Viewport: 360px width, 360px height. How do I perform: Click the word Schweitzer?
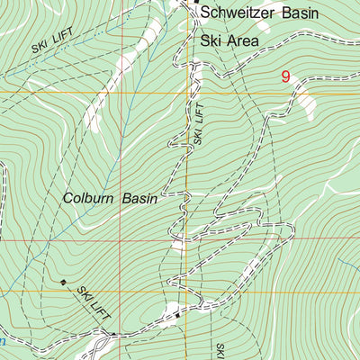(238, 13)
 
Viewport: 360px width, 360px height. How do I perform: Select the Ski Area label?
(229, 41)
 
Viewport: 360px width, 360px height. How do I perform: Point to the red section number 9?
(285, 77)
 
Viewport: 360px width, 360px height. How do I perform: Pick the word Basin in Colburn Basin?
(140, 198)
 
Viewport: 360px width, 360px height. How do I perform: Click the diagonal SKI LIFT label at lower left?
(93, 304)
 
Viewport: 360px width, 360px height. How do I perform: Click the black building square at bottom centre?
(178, 315)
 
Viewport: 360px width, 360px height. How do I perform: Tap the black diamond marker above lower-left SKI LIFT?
(63, 283)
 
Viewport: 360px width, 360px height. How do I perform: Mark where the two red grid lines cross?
(121, 240)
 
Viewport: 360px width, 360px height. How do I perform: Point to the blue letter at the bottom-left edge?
(3, 342)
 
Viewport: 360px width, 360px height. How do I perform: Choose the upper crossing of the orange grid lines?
(187, 92)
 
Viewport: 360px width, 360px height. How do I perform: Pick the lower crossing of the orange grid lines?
(186, 292)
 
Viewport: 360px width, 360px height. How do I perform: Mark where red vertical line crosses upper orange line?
(121, 92)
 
